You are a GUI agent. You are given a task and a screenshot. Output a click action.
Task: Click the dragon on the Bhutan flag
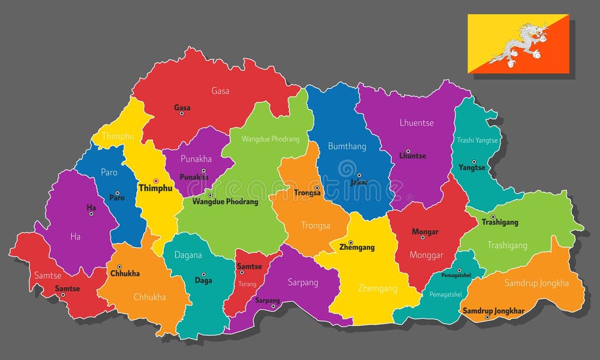(x=519, y=45)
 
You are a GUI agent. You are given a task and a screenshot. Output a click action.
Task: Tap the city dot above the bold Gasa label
(x=181, y=114)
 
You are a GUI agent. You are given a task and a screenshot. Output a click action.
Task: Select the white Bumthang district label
(x=347, y=146)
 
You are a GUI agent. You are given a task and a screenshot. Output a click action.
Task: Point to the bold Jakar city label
(x=359, y=182)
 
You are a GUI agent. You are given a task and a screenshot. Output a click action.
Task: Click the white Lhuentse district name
(x=416, y=122)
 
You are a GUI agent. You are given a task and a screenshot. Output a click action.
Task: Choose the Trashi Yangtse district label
(x=477, y=140)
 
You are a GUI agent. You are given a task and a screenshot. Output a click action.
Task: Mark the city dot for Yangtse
(x=474, y=162)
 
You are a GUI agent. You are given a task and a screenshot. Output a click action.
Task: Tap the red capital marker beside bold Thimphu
(x=155, y=180)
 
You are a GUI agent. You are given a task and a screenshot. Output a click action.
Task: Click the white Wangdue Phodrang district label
(x=270, y=139)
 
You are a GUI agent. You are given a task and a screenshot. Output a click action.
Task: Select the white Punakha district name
(x=197, y=159)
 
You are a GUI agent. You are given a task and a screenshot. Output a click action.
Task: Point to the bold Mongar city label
(x=425, y=232)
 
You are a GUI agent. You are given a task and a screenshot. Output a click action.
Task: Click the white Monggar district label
(x=427, y=255)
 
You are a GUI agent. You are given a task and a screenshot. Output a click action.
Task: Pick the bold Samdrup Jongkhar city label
(x=494, y=311)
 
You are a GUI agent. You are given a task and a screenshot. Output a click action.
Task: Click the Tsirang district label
(x=246, y=284)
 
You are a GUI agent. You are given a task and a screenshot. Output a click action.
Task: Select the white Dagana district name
(x=188, y=255)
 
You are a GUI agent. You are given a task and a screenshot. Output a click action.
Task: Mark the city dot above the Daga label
(x=203, y=274)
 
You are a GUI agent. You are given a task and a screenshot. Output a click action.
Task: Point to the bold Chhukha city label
(x=125, y=273)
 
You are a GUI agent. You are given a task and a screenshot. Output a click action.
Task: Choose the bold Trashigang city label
(x=500, y=223)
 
